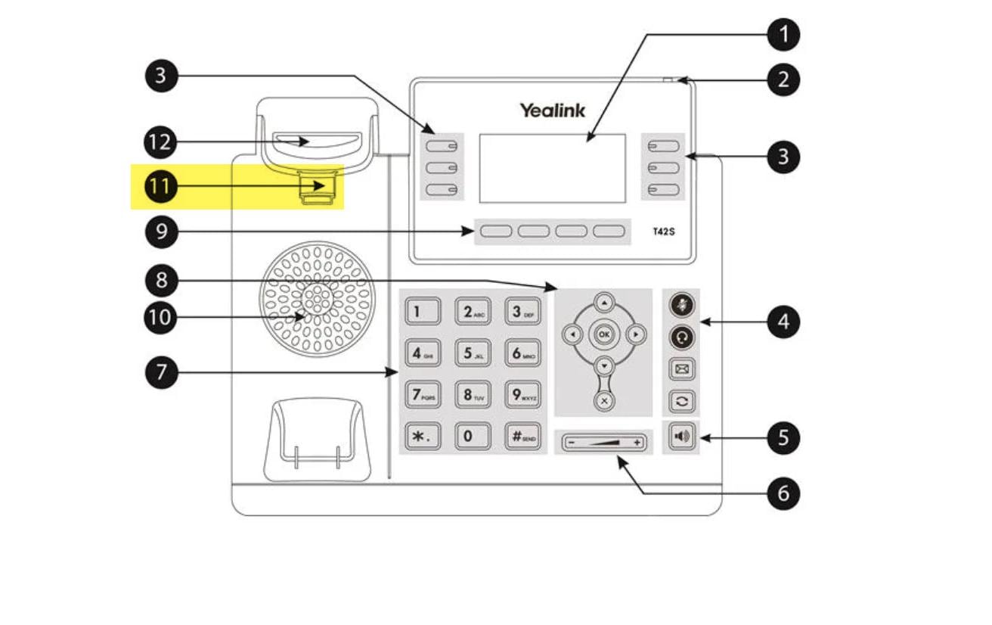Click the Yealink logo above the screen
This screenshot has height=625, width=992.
[x=552, y=110]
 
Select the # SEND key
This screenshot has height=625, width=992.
[x=522, y=436]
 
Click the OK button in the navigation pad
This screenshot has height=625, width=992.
[x=603, y=334]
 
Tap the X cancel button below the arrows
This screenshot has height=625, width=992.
[x=603, y=401]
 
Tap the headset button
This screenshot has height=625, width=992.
[x=681, y=338]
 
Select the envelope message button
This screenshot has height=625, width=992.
[x=681, y=370]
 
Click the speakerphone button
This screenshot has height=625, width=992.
[x=681, y=437]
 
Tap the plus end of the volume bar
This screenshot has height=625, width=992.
[x=637, y=441]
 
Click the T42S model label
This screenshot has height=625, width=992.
[x=663, y=232]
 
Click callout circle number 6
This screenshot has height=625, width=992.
[x=783, y=493]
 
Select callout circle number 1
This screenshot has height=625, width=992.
[x=783, y=34]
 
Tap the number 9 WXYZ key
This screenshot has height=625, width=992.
[x=522, y=394]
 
